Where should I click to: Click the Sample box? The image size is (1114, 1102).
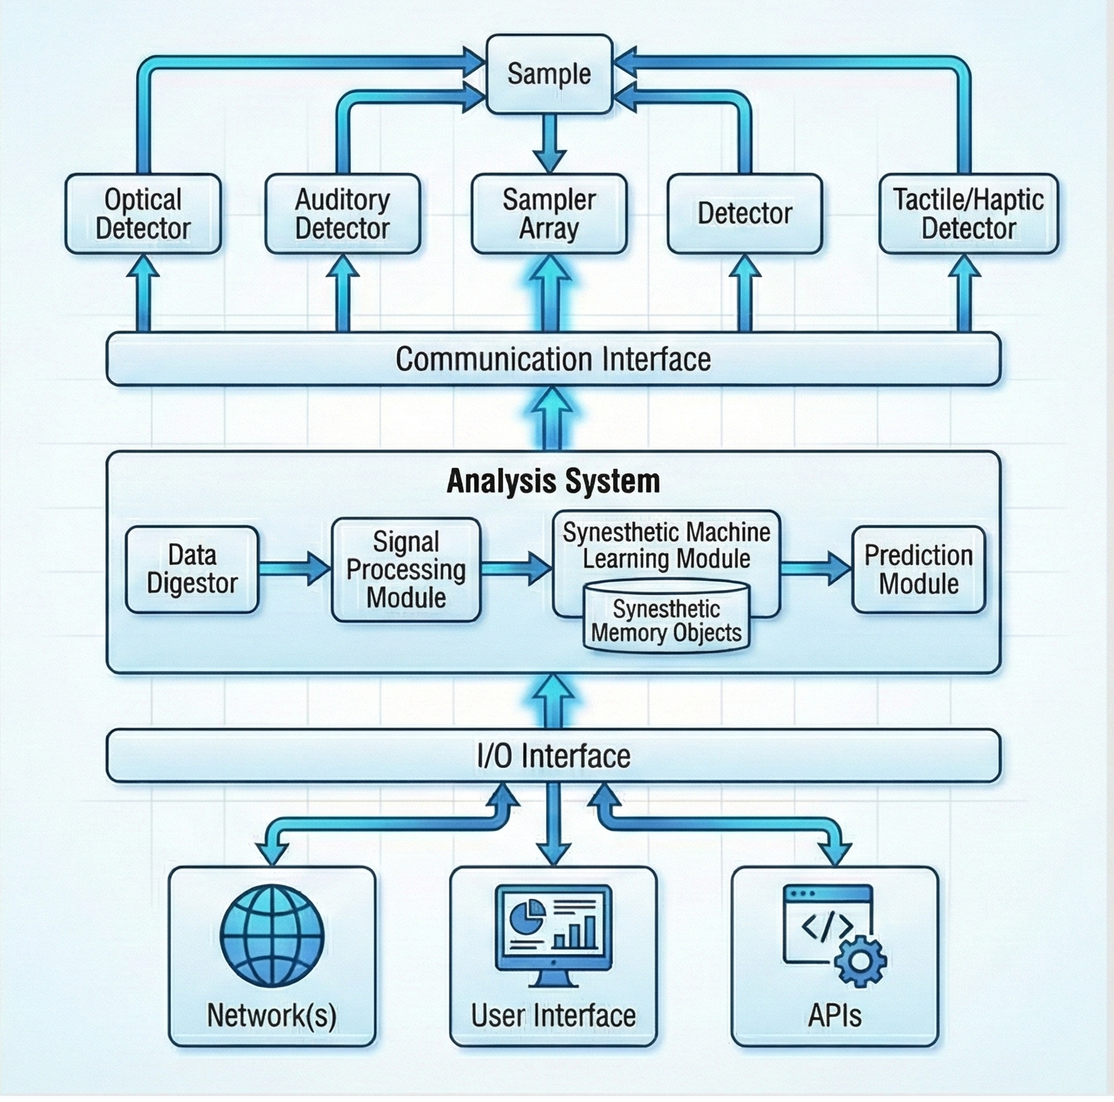tap(549, 74)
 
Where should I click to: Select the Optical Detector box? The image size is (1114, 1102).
tap(143, 214)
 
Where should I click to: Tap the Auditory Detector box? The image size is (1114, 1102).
tap(342, 214)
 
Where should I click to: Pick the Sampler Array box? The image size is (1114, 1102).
tap(549, 214)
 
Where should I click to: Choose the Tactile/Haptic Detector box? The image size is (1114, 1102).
tap(969, 214)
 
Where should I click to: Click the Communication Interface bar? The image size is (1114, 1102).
tap(553, 359)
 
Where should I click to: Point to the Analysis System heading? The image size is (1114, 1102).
tap(553, 481)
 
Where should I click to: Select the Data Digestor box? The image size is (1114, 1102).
tap(192, 569)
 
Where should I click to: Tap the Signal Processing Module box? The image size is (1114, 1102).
tap(405, 569)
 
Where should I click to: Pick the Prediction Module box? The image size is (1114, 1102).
tap(919, 569)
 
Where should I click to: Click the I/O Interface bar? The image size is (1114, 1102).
tap(553, 756)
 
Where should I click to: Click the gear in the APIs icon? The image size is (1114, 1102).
tap(860, 960)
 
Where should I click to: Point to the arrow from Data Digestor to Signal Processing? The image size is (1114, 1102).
tap(294, 569)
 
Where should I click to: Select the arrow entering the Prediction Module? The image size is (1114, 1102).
tap(815, 569)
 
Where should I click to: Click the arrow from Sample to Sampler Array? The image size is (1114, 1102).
tap(549, 142)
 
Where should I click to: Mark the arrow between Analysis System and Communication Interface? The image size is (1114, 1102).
tap(553, 419)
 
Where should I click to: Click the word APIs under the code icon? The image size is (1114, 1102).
tap(835, 1016)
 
